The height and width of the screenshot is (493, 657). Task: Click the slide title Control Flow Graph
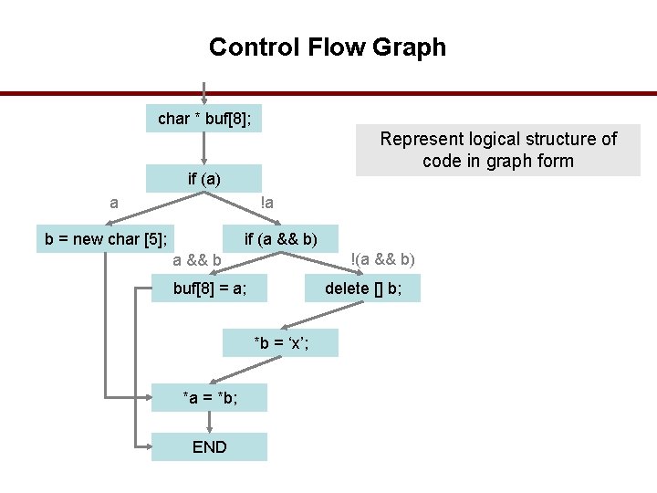click(328, 47)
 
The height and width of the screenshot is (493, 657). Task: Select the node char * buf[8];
click(204, 119)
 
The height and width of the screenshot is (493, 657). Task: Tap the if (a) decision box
click(204, 178)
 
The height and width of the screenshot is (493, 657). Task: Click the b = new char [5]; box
click(107, 240)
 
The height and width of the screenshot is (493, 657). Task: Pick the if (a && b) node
click(281, 240)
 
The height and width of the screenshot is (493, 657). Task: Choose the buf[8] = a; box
click(210, 289)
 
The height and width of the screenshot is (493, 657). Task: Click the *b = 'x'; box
click(281, 342)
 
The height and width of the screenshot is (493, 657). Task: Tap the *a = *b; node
click(210, 397)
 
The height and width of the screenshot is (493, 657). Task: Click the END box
click(210, 446)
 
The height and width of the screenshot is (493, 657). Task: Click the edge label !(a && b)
click(383, 259)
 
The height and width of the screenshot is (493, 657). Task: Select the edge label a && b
click(197, 260)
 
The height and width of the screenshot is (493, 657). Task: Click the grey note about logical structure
click(497, 151)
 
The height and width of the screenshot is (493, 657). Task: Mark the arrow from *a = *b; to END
click(210, 422)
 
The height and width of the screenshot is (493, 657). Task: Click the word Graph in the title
click(410, 47)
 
